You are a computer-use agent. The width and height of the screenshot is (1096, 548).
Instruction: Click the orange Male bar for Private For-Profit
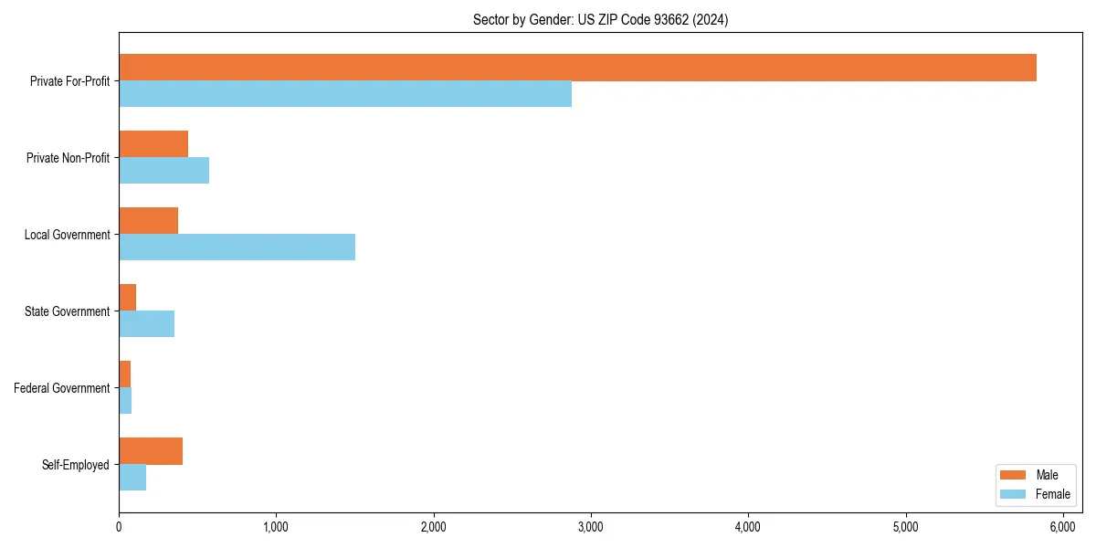tap(577, 68)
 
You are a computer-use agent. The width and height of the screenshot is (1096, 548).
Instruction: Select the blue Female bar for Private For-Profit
tap(345, 94)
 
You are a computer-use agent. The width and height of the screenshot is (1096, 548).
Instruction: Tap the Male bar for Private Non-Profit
tap(153, 144)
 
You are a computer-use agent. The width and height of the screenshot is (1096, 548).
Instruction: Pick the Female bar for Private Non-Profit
tap(163, 171)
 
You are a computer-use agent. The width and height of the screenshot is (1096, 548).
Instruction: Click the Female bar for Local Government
tap(237, 248)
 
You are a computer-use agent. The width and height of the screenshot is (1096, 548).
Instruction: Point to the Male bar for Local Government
tap(148, 221)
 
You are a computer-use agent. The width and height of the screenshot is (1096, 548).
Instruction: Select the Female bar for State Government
tap(146, 324)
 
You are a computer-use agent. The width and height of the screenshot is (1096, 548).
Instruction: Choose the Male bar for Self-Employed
tap(151, 451)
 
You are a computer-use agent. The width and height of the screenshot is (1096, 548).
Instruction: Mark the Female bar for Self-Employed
tap(132, 478)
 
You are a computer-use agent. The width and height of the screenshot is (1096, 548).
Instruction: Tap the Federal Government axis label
tap(62, 388)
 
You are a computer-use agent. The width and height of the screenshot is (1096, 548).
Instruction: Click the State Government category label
tap(67, 311)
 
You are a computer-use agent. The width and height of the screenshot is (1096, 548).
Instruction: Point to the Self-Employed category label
tap(75, 465)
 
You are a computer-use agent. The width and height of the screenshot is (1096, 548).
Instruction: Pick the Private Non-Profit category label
tap(68, 158)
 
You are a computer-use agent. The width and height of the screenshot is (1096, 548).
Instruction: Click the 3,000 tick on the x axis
tap(591, 527)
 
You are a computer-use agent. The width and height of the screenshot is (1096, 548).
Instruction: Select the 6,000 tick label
tap(1062, 527)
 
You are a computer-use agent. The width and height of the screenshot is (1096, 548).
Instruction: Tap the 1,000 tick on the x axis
tap(276, 527)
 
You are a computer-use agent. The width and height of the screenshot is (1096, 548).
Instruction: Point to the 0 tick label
tap(119, 527)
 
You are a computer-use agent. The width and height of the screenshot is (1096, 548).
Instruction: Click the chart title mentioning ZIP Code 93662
tap(600, 19)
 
